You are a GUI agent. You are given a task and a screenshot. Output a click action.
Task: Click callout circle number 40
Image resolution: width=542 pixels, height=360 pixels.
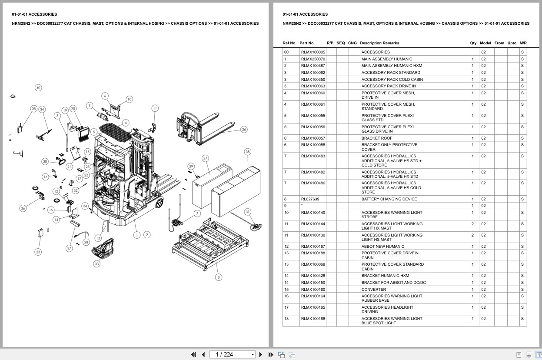[38, 88]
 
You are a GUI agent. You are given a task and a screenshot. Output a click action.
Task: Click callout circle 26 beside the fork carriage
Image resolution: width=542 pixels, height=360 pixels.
[244, 130]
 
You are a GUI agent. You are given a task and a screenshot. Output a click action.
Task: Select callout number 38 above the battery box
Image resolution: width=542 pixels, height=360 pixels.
[247, 152]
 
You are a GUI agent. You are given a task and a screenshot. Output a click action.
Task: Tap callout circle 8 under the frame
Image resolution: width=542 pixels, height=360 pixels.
[218, 277]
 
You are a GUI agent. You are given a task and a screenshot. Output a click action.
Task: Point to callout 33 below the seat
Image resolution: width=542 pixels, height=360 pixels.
[96, 263]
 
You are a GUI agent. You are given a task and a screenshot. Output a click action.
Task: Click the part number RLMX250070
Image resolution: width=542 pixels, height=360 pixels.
[313, 59]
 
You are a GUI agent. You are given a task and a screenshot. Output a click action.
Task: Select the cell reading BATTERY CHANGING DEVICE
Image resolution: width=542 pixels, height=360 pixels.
[389, 199]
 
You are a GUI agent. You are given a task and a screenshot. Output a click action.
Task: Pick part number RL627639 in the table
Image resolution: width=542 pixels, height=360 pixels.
[310, 199]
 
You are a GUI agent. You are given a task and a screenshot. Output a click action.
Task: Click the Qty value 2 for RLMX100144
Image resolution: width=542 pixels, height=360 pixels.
[472, 224]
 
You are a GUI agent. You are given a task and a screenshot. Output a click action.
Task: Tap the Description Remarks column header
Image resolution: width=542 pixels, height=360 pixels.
[379, 43]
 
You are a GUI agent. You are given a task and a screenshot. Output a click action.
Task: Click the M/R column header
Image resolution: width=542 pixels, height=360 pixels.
[523, 43]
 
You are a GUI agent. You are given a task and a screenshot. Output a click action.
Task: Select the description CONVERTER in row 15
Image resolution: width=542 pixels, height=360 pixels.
[373, 290]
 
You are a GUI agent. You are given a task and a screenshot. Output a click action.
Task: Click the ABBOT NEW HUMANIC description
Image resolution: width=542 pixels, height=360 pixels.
[382, 247]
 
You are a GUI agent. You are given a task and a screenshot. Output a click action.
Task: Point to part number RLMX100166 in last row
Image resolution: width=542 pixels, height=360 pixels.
[313, 319]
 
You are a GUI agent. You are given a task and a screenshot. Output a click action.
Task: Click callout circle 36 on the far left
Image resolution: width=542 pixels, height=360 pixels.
[23, 208]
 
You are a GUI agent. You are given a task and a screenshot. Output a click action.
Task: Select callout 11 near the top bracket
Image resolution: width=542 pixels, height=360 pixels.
[155, 108]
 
